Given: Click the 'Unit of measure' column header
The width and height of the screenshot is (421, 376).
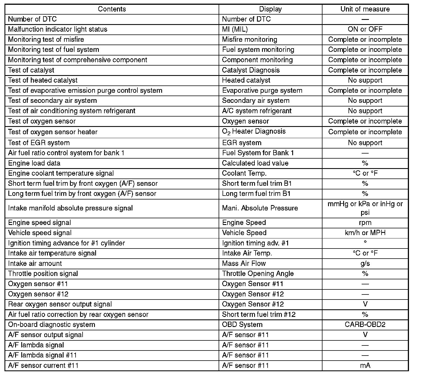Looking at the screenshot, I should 365,9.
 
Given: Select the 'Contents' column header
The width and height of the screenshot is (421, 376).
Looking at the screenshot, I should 112,9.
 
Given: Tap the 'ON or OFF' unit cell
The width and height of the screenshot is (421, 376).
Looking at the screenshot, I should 365,29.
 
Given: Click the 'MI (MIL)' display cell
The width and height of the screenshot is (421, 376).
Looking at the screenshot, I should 235,29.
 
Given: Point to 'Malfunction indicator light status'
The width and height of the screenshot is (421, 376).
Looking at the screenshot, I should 58,29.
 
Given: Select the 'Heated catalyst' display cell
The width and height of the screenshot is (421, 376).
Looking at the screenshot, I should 246,80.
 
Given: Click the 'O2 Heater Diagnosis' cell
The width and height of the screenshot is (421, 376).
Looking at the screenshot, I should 254,132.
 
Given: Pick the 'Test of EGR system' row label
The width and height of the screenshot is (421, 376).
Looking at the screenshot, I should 39,143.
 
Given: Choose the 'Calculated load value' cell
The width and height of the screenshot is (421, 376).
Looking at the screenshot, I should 255,163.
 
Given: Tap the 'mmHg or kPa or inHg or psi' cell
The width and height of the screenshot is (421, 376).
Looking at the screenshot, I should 365,208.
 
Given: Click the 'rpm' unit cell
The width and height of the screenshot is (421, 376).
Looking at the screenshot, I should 365,223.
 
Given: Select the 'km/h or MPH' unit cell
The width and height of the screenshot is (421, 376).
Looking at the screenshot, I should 365,233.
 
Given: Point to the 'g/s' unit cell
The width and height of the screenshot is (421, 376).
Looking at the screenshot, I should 365,264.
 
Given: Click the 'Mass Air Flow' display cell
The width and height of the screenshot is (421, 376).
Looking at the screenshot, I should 244,264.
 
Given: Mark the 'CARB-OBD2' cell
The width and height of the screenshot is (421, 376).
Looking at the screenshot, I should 365,325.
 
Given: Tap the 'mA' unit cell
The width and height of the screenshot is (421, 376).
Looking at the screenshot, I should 365,366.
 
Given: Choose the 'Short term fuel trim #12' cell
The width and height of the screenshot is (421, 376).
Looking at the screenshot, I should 259,315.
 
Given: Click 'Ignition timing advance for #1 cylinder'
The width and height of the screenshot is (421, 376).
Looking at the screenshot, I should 66,243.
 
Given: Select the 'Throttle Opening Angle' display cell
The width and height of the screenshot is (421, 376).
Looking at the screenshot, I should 258,274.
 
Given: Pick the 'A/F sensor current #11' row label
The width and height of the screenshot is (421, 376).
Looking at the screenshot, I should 43,366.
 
